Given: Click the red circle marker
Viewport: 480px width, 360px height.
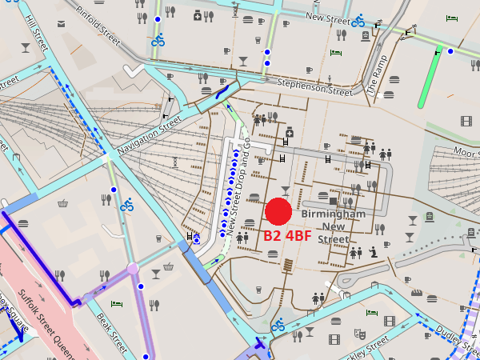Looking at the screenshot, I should [278, 211].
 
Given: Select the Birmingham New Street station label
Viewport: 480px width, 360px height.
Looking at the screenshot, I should [334, 226].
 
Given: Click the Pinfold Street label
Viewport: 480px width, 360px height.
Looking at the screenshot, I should [104, 24].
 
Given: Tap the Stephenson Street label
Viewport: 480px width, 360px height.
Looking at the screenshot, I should [314, 87].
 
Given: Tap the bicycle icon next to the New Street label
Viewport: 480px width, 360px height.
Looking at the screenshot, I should [358, 21].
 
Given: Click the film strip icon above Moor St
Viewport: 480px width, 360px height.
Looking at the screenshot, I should [466, 122].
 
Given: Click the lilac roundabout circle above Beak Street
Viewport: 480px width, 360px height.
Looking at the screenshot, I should [133, 268].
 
